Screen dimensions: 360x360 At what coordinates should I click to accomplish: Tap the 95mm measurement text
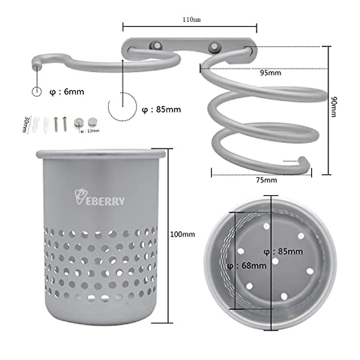click(x=270, y=73)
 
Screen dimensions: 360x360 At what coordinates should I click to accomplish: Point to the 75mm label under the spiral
click(x=267, y=180)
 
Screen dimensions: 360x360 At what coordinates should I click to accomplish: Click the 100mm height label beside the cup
click(x=182, y=234)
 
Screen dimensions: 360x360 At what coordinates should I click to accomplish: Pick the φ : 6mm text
click(x=67, y=92)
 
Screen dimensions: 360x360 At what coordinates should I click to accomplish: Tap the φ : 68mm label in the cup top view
click(x=247, y=265)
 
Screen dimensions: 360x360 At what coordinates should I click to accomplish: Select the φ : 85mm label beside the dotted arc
click(x=161, y=109)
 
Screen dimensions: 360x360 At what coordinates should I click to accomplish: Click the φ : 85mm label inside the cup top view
click(x=283, y=251)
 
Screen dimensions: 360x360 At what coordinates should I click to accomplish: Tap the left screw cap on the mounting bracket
click(x=155, y=46)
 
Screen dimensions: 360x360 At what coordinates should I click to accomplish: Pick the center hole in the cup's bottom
click(x=275, y=261)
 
